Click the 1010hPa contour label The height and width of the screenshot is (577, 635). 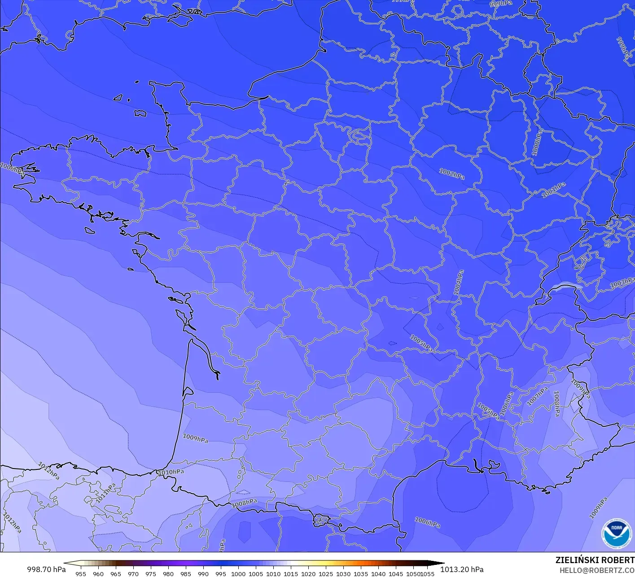tap(171, 472)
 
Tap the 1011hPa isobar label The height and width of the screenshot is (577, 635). tap(106, 493)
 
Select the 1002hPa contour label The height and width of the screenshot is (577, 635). tap(451, 174)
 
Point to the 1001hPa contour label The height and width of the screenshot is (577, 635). tap(553, 190)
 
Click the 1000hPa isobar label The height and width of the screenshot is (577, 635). tap(537, 143)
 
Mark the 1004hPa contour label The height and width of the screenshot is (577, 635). tap(458, 282)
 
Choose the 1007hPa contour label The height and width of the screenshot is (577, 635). tap(537, 396)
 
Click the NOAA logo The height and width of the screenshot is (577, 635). tap(616, 533)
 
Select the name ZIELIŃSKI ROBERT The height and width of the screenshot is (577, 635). tap(595, 560)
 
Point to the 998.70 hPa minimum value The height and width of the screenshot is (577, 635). tap(46, 569)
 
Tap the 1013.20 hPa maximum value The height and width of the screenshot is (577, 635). tap(462, 569)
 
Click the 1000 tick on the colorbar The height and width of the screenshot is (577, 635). tap(238, 574)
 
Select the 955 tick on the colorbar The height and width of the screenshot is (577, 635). tap(81, 574)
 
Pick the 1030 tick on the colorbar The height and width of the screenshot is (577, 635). tap(343, 574)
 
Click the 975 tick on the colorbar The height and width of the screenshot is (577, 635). tap(151, 574)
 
